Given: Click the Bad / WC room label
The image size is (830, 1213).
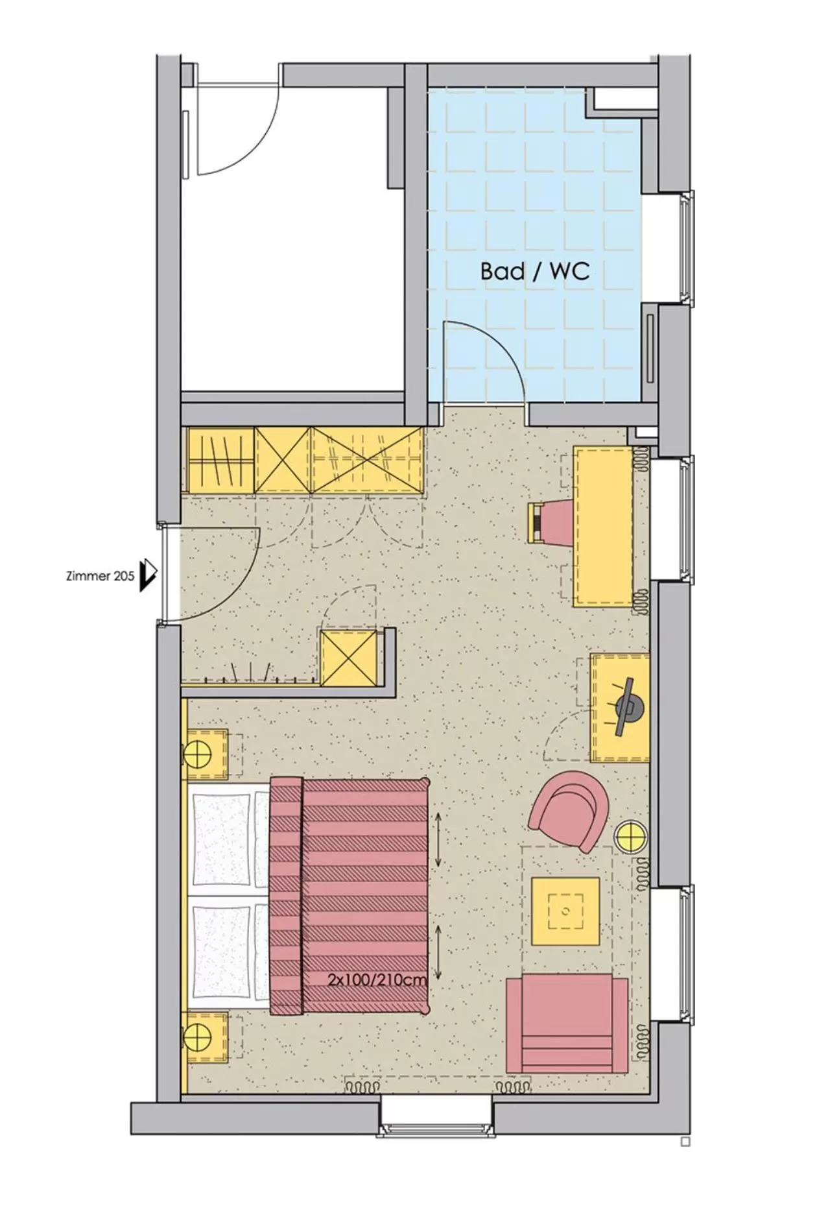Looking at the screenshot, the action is click(x=535, y=271).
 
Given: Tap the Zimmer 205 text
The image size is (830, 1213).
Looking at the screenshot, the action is click(x=101, y=575).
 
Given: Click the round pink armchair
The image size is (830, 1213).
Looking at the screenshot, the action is click(x=569, y=810).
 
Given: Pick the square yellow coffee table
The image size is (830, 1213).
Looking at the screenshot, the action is click(x=565, y=911).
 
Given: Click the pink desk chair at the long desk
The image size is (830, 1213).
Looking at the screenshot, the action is click(x=551, y=522).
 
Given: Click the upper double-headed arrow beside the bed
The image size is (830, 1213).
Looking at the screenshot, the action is click(x=438, y=839).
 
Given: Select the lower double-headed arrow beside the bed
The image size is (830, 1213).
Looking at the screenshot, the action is click(x=438, y=952).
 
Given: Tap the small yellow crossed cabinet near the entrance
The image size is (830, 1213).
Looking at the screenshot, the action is click(x=348, y=658).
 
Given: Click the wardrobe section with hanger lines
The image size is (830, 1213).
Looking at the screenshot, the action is click(x=220, y=459).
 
